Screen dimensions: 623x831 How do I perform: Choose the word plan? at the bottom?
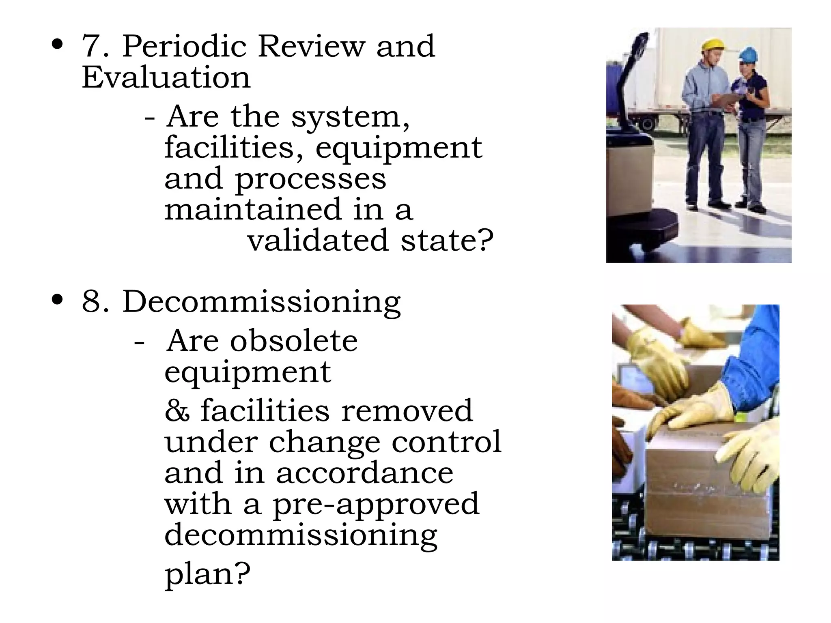[207, 574]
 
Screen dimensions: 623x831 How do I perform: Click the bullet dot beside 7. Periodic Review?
[57, 44]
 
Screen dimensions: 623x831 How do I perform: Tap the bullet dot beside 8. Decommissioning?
[57, 300]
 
